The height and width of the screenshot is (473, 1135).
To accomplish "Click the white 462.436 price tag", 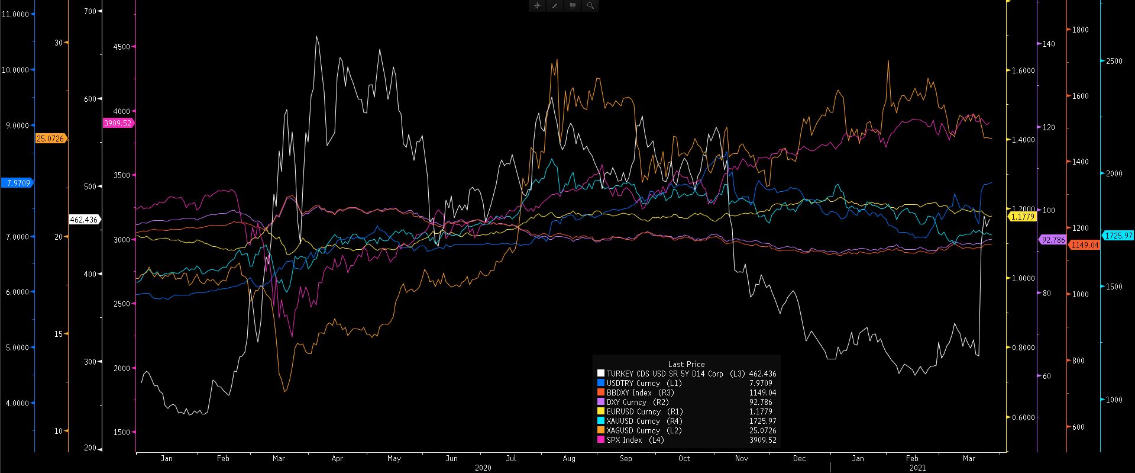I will [83, 220].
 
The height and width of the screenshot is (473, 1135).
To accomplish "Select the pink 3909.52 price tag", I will [117, 123].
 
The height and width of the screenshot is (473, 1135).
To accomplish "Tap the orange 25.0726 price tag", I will [51, 139].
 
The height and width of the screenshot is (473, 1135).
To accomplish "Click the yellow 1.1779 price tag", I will [1022, 217].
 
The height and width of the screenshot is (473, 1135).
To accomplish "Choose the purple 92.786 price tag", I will [1053, 240].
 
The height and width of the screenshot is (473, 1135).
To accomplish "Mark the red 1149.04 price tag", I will [1084, 244].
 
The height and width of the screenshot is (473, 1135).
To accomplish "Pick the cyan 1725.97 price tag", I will [1117, 236].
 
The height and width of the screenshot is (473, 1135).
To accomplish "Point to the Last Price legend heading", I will [686, 364].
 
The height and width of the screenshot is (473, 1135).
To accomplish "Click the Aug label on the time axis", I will [569, 458].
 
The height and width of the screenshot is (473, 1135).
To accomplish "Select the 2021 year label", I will [917, 468].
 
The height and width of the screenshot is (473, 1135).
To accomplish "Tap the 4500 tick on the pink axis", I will [121, 46].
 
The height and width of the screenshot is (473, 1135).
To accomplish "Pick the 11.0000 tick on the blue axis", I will [16, 14].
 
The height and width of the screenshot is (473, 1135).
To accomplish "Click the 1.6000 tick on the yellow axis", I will [1023, 70].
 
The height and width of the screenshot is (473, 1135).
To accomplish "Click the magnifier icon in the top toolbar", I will [590, 5].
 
